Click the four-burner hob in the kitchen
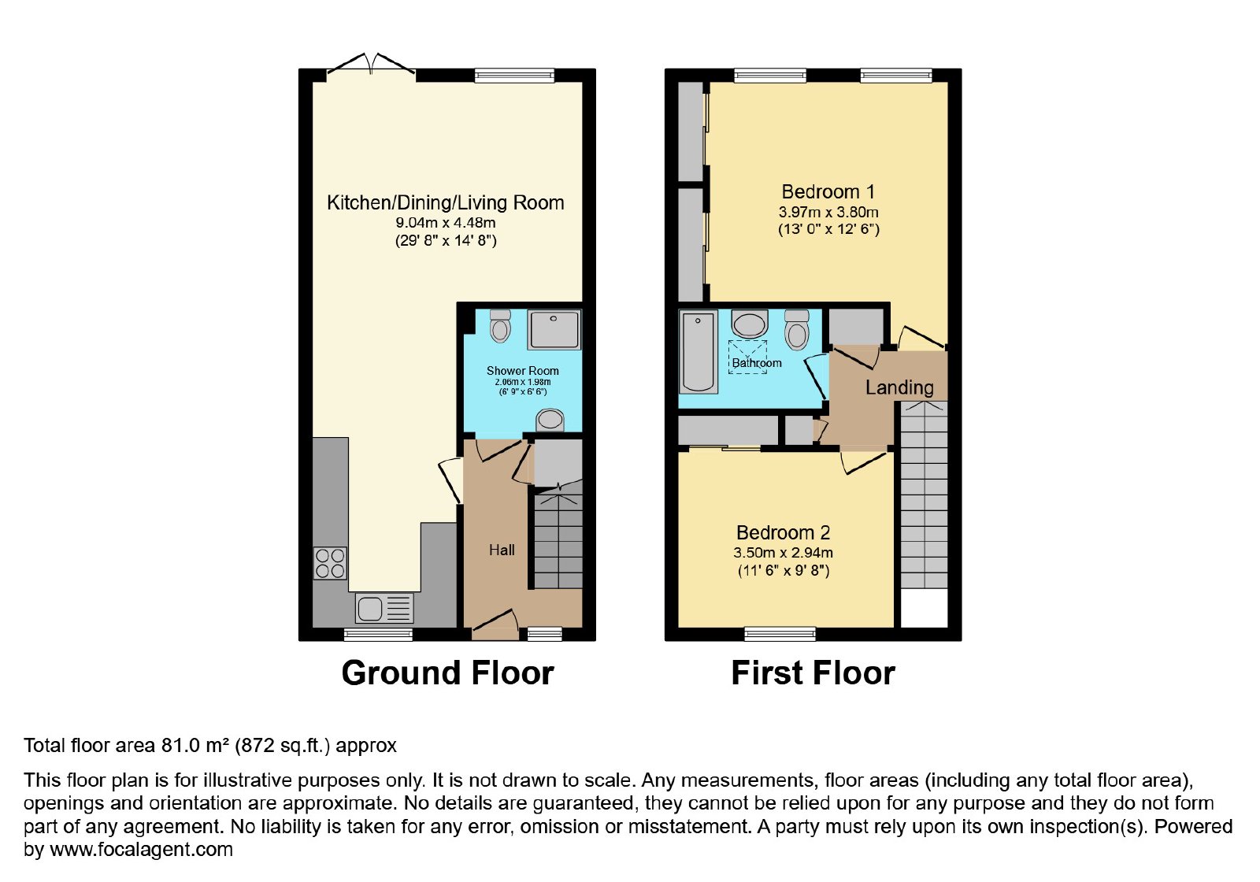[x=330, y=563]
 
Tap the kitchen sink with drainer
[x=384, y=609]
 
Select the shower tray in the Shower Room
[x=554, y=329]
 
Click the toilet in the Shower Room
[x=500, y=326]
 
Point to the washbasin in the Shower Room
[x=550, y=420]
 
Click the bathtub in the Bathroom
[x=698, y=351]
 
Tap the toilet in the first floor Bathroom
[x=797, y=330]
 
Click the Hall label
[x=501, y=550]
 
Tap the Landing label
[x=899, y=387]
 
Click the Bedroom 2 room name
[x=783, y=532]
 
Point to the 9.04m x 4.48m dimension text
[x=446, y=223]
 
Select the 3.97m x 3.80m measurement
[x=828, y=212]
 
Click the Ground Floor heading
[x=448, y=673]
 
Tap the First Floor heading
[x=813, y=673]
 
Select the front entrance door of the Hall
[x=495, y=625]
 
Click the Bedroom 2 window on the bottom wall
[x=780, y=635]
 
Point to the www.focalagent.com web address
[x=141, y=850]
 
